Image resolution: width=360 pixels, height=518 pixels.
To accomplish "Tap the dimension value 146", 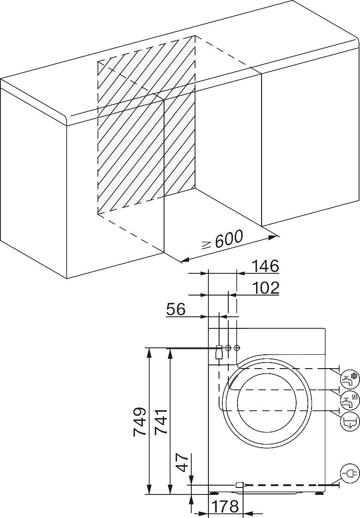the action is (x=266, y=266).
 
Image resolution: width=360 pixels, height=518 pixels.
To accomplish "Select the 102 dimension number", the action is (x=266, y=288).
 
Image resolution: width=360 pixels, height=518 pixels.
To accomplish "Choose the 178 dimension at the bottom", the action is (x=225, y=506).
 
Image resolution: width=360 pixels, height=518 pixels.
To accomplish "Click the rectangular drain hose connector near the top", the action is (x=219, y=352).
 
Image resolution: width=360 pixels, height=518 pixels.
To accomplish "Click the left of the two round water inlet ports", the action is (x=228, y=347).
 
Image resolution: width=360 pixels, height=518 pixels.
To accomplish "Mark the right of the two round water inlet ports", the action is (x=237, y=347).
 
